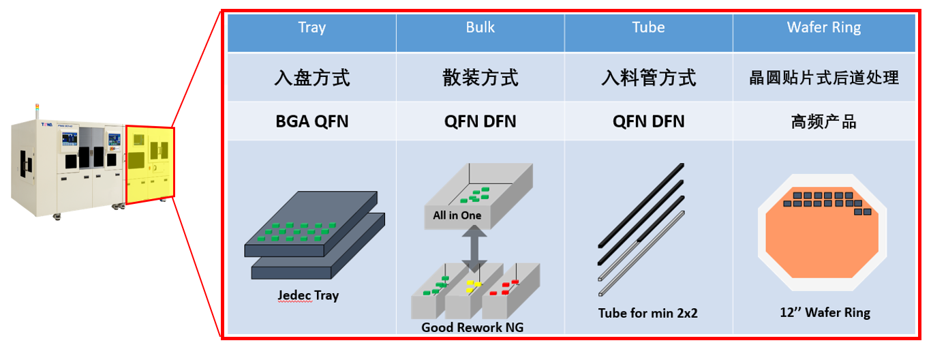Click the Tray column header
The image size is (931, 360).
(x=311, y=29)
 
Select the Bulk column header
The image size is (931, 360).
(x=480, y=29)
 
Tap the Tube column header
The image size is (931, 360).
(x=648, y=29)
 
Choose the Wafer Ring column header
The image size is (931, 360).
(x=823, y=29)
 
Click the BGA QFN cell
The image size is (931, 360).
(x=311, y=122)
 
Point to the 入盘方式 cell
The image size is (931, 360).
(x=311, y=78)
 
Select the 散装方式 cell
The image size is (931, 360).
(x=480, y=78)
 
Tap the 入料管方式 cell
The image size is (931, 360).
(x=648, y=78)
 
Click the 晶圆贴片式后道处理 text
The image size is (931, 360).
(x=823, y=78)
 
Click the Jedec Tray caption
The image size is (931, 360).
(x=308, y=296)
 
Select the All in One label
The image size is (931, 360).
(x=457, y=216)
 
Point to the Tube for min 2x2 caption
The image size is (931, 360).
(x=647, y=314)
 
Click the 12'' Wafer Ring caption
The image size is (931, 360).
(x=825, y=313)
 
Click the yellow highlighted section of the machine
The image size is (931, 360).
(x=149, y=166)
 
